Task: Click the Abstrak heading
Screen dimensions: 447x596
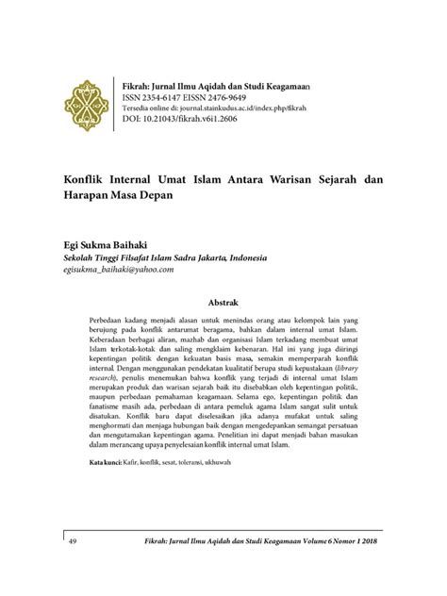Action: (223, 305)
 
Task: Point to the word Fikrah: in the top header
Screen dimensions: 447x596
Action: (130, 83)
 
